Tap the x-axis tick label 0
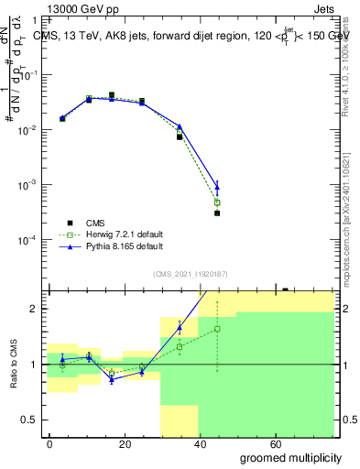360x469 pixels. click(49, 443)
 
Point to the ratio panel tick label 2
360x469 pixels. click(34, 310)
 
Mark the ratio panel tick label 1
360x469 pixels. click(34, 365)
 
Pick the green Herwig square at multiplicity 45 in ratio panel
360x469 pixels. click(217, 329)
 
